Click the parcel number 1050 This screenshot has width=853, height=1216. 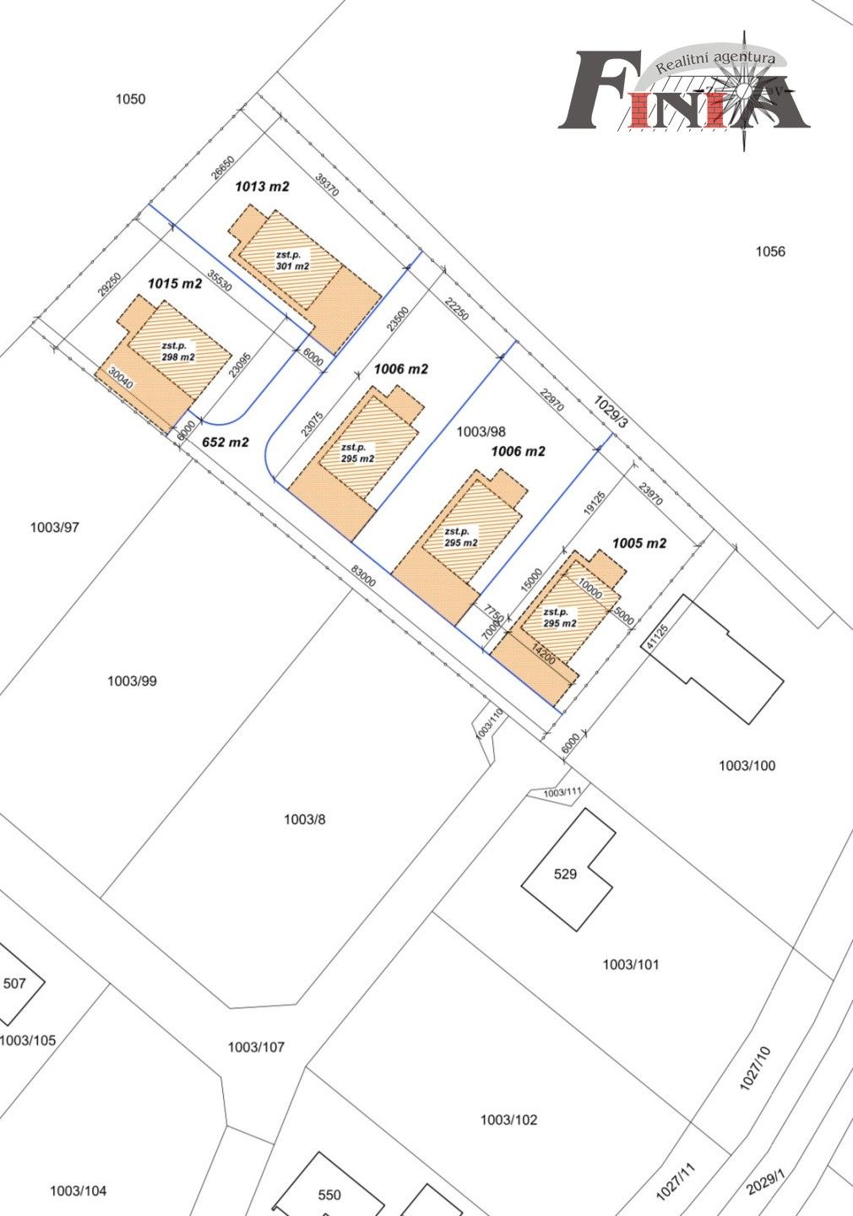tap(130, 99)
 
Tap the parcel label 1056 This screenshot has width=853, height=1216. tap(770, 252)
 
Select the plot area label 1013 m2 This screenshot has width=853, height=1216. tap(263, 187)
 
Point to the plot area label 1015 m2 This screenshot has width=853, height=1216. tap(175, 284)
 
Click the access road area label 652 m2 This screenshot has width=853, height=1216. tap(225, 442)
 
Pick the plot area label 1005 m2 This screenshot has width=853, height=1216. tap(639, 544)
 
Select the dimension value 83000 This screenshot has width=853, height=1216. tap(363, 576)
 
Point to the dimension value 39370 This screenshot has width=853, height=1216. tap(327, 185)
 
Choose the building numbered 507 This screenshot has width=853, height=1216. tap(14, 984)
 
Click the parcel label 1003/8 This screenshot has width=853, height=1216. tap(305, 819)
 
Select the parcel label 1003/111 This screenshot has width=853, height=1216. tap(562, 793)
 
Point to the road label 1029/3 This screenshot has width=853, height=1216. tap(611, 412)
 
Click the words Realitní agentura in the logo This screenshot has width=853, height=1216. tap(715, 62)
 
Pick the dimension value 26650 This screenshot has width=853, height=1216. tap(223, 167)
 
